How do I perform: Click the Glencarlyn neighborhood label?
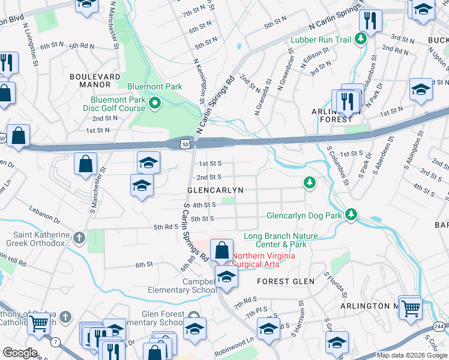tap(215, 190)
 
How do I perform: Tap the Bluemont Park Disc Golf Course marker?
tap(155, 104)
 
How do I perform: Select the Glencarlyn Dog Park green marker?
tap(352, 214)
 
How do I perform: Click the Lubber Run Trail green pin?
tap(360, 40)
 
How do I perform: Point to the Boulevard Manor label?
tap(95, 77)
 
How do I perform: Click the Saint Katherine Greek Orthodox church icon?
tap(78, 238)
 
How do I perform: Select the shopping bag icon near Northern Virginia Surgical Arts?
tap(222, 250)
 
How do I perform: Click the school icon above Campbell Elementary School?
tap(226, 277)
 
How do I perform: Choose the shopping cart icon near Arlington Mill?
tap(411, 308)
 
